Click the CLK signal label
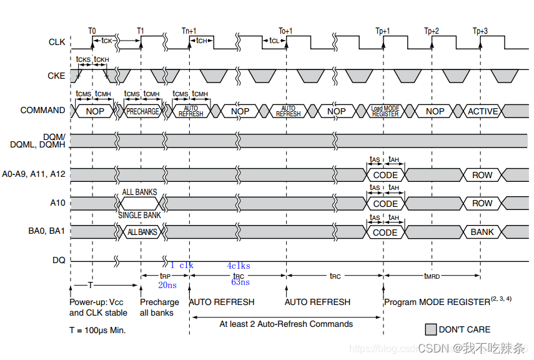[56, 42]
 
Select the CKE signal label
[56, 76]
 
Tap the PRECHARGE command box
[142, 111]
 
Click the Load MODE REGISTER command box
[385, 111]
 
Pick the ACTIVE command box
[483, 111]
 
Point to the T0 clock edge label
[92, 30]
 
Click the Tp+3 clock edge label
[480, 30]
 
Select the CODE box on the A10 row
[385, 203]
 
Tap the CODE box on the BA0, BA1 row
[385, 232]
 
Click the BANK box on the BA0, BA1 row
[482, 232]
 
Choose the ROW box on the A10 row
[482, 203]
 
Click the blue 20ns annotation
[167, 284]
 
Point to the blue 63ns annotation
[240, 282]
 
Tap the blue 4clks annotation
[238, 266]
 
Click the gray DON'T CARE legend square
[430, 329]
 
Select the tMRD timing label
[432, 275]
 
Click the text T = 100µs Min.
[97, 329]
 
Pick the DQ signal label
[59, 260]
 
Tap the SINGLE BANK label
[139, 216]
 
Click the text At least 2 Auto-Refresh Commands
[286, 324]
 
